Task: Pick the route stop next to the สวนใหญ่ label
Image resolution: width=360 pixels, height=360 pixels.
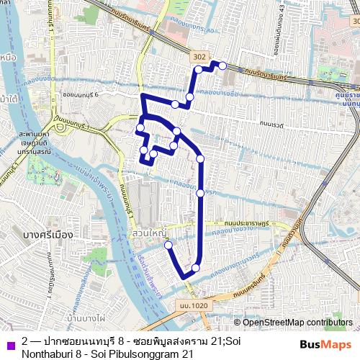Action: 169,245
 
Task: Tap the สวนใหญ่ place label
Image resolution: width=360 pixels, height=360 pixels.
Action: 148,235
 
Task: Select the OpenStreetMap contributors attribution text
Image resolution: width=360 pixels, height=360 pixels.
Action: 297,322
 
